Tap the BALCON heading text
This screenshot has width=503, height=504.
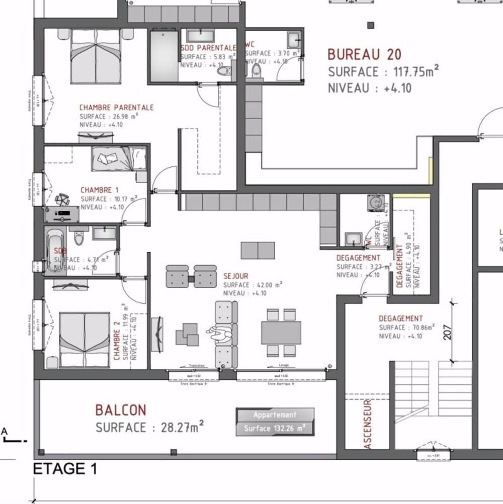pyautogui.click(x=121, y=410)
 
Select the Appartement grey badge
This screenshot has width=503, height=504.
pyautogui.click(x=275, y=415)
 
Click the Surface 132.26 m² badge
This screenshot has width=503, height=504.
pyautogui.click(x=275, y=429)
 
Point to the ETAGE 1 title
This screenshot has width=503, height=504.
pyautogui.click(x=65, y=469)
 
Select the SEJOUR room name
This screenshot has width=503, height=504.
pyautogui.click(x=236, y=276)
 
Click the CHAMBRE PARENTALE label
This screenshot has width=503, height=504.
pyautogui.click(x=116, y=108)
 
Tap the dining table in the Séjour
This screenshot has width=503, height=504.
pyautogui.click(x=281, y=332)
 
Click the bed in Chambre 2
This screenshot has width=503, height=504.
pyautogui.click(x=85, y=340)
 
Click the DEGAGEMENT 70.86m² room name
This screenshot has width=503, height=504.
pyautogui.click(x=401, y=318)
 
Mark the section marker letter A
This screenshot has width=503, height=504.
pyautogui.click(x=5, y=431)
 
